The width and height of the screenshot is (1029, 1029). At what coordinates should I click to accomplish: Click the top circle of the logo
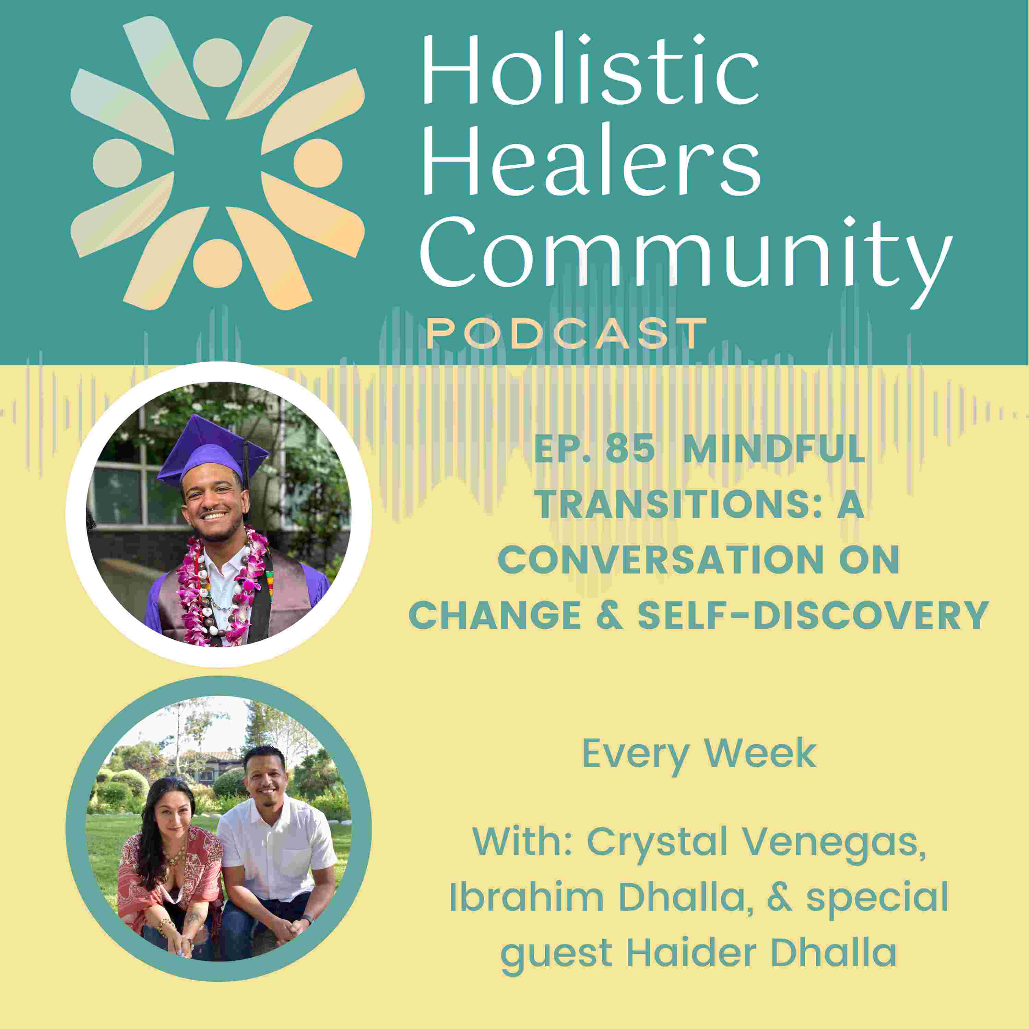[217, 63]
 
